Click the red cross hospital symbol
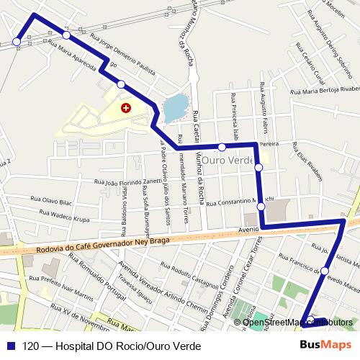127,108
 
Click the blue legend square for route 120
10,345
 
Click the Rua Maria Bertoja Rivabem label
323,90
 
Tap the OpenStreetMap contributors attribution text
297,322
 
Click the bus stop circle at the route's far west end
17,43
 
